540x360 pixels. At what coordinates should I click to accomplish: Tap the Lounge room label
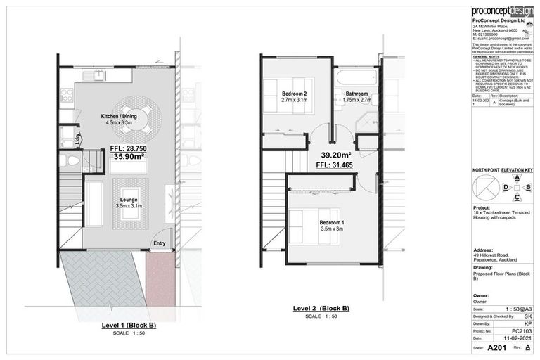128,200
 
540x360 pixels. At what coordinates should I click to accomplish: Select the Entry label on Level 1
159,244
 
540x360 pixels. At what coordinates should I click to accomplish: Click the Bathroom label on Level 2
357,94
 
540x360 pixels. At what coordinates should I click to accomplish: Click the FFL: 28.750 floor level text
129,149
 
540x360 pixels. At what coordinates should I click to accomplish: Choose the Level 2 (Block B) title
321,308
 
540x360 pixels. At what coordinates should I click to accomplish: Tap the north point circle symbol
483,188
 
